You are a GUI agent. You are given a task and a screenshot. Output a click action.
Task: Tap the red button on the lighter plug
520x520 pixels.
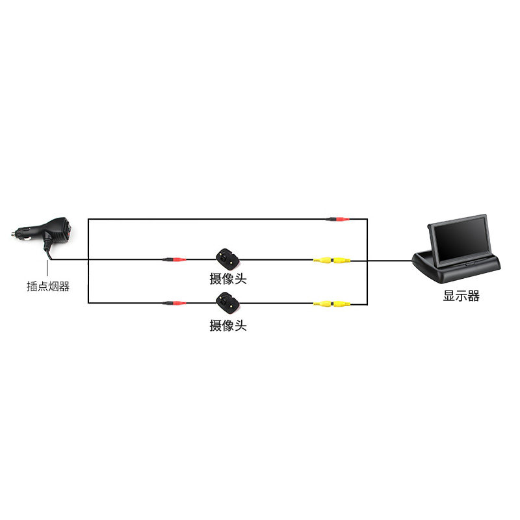coord(69,231)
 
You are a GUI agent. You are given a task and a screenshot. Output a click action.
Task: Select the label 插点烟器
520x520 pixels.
coord(48,286)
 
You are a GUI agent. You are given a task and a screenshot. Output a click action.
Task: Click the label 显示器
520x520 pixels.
coord(461,296)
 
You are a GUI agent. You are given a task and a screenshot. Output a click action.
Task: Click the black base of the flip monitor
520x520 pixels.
coord(456,268)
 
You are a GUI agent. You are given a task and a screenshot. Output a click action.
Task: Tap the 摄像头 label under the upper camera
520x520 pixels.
coord(228,279)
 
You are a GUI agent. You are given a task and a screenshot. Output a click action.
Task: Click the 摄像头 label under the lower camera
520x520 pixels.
coord(228,326)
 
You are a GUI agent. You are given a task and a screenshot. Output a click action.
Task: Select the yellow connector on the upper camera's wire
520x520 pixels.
coord(331,261)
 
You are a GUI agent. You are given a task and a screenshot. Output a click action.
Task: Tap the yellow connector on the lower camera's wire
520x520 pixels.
coord(331,304)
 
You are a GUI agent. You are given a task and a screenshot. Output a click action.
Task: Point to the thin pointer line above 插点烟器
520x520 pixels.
coord(47,268)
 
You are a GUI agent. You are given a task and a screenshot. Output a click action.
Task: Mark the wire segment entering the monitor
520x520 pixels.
coord(390,261)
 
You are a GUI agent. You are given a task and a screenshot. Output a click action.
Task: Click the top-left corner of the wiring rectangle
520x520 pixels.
coord(88,219)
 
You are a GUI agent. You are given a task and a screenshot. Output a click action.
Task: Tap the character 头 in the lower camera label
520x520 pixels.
coord(240,326)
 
